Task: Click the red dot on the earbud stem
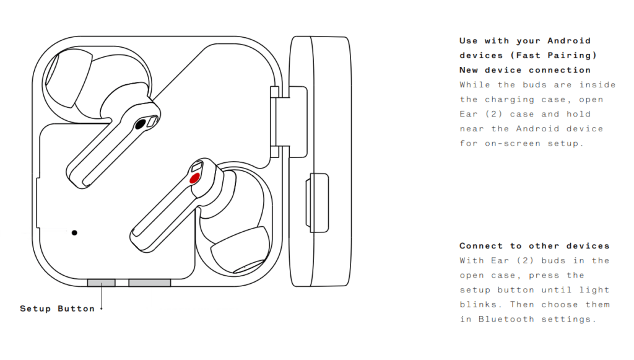click(x=194, y=178)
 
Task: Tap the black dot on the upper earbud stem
click(x=141, y=124)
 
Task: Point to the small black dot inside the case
click(x=74, y=232)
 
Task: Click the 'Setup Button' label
click(x=57, y=309)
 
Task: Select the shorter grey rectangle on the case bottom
click(x=102, y=283)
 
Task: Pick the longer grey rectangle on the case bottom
click(x=150, y=283)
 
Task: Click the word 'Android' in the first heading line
click(x=569, y=41)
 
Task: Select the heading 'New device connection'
click(x=525, y=70)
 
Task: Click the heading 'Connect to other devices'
click(x=534, y=246)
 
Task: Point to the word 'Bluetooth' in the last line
click(x=506, y=319)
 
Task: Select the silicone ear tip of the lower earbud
click(x=241, y=251)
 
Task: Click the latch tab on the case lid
click(x=318, y=203)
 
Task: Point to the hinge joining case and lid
click(x=289, y=121)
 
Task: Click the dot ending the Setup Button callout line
click(x=102, y=309)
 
